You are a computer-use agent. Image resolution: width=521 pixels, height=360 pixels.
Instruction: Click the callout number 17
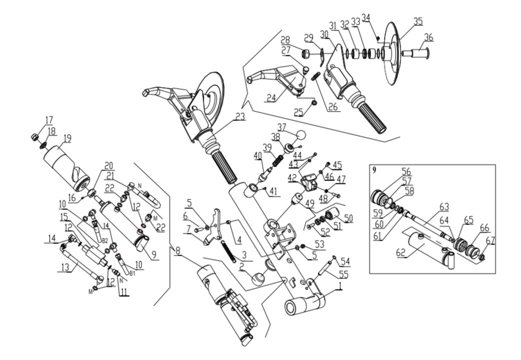click(x=49, y=120)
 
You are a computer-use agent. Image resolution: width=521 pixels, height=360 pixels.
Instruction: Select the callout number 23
click(x=240, y=117)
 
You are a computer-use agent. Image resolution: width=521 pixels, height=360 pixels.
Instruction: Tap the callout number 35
click(x=418, y=21)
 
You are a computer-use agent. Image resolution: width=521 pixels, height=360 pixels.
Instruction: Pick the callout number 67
click(x=490, y=241)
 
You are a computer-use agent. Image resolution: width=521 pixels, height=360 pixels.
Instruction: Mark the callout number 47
click(x=341, y=179)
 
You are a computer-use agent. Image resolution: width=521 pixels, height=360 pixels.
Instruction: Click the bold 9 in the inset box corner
click(x=374, y=170)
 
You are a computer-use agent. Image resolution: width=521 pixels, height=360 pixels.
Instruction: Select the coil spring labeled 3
click(x=228, y=251)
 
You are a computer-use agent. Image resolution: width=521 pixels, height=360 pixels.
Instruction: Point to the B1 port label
click(x=133, y=274)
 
